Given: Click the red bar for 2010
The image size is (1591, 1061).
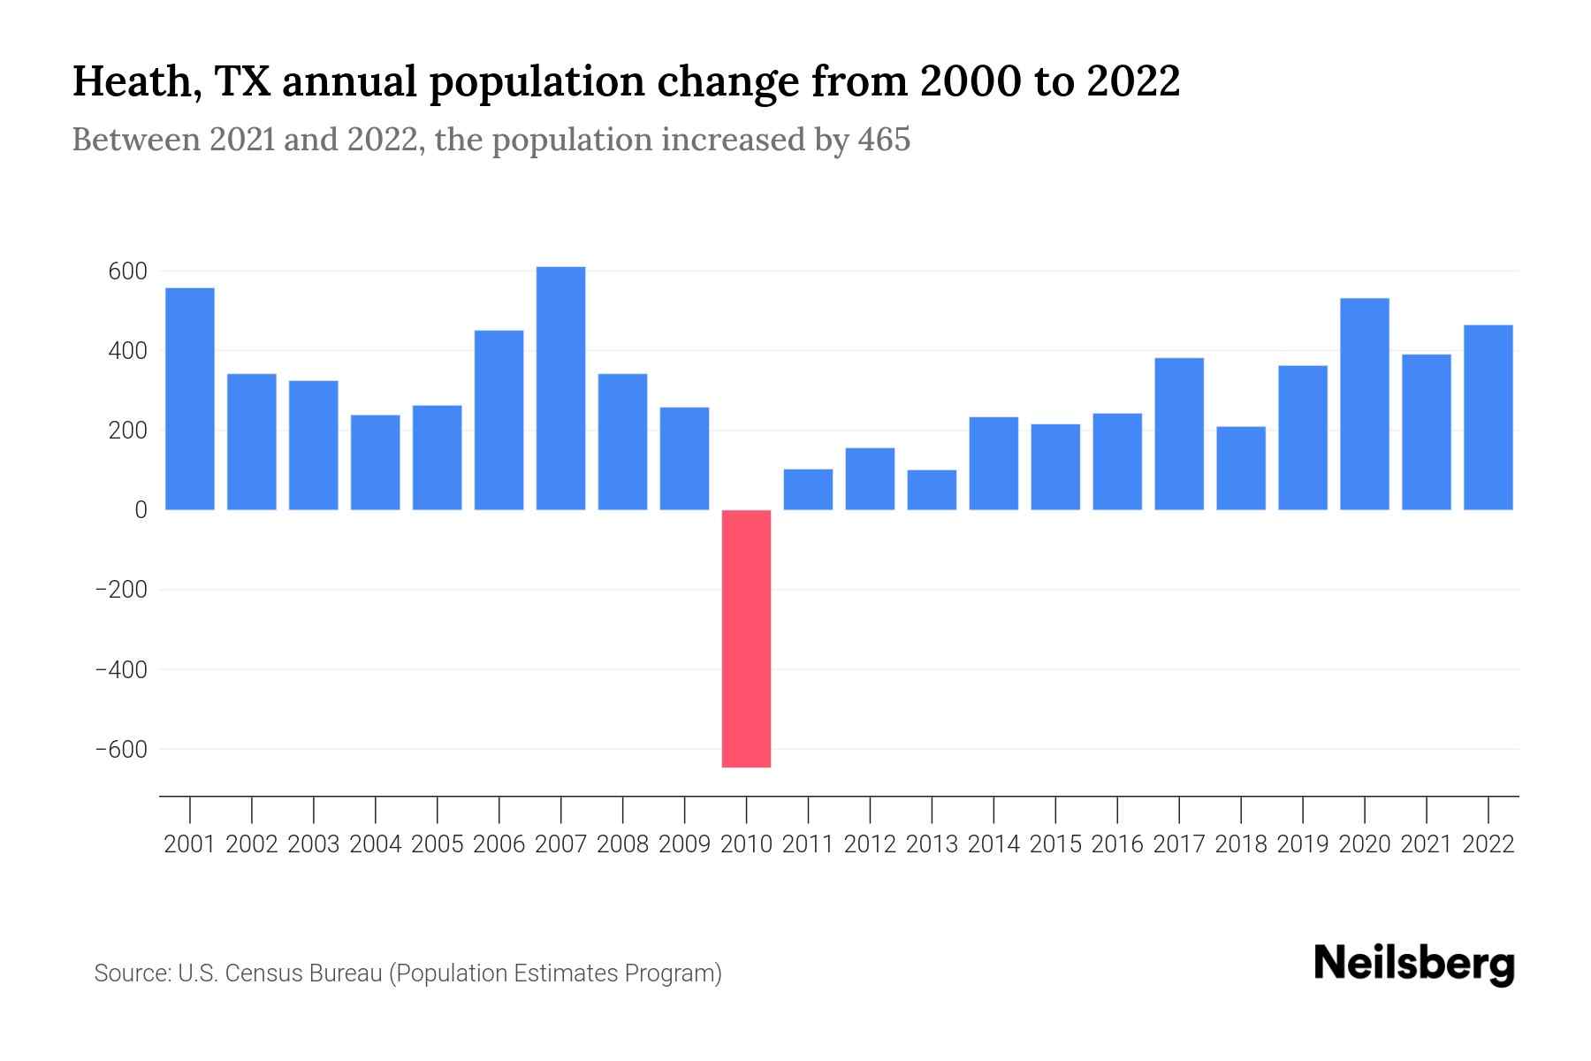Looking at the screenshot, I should [746, 638].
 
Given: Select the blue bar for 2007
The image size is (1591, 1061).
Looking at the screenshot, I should [560, 388].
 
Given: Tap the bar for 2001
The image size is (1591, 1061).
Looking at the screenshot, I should [190, 399].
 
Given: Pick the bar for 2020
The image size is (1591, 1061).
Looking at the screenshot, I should [1364, 404].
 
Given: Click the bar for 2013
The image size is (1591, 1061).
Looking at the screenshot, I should [932, 490].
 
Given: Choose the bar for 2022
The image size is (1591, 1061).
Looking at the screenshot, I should [1488, 417].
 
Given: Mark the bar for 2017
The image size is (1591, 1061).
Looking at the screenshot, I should [1178, 434].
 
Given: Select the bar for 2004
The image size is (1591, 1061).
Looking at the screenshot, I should [376, 462].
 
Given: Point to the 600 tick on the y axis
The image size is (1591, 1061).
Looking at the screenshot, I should [127, 271].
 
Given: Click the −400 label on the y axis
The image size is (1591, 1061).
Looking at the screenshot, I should [121, 669].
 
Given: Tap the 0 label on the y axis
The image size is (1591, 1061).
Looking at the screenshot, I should [141, 510].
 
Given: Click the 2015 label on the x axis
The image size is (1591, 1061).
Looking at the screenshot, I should [1055, 844].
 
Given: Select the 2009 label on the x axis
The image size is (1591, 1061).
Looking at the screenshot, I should [684, 844].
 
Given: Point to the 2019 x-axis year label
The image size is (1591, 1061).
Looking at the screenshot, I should [1302, 844].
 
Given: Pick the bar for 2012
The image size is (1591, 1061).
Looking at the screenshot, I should [870, 479].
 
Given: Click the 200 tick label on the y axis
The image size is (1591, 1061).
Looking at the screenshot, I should [127, 431].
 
